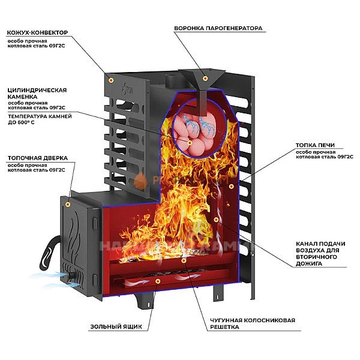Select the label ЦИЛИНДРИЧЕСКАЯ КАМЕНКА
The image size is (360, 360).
tap(37, 93)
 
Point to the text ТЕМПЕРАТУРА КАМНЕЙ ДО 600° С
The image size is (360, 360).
tap(40, 119)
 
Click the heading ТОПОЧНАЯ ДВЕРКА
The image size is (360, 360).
tap(37, 158)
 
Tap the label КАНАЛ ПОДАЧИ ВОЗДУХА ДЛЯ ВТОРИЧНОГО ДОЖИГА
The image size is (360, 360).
tap(319, 253)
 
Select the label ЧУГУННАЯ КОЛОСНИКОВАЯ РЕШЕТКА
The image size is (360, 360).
tap(262, 323)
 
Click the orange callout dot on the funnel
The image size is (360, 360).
tap(205, 78)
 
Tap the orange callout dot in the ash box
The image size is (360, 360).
tap(157, 280)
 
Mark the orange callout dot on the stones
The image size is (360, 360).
tap(190, 143)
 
